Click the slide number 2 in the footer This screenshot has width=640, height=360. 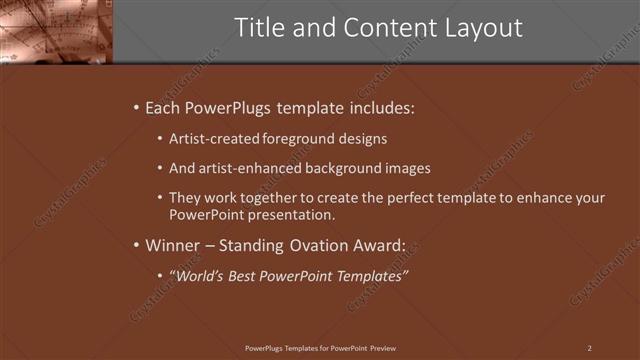[590, 347]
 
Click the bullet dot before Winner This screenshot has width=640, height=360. [136, 245]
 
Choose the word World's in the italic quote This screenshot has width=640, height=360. [198, 275]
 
